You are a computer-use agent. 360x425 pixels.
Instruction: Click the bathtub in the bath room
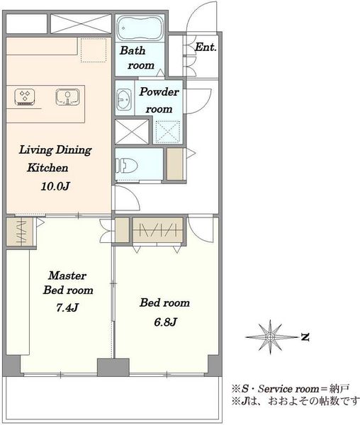[140, 28]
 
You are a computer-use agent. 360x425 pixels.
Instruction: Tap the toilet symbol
[126, 166]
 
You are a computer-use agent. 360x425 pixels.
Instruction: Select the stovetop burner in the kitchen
[25, 97]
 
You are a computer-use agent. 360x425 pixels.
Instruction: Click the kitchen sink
[67, 97]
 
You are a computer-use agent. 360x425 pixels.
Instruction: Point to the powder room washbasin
[124, 99]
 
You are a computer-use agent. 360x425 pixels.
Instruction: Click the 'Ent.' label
[206, 47]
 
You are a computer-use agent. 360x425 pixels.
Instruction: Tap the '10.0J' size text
[55, 186]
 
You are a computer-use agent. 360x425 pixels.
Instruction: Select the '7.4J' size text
[67, 307]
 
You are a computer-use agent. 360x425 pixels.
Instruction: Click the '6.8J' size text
[165, 322]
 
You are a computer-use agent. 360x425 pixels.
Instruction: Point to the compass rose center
[270, 337]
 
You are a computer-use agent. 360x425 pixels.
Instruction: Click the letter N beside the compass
[305, 337]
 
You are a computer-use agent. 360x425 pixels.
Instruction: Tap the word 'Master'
[67, 276]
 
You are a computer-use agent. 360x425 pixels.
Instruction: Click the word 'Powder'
[159, 92]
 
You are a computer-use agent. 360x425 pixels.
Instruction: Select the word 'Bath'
[133, 50]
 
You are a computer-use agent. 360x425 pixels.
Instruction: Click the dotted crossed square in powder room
[168, 132]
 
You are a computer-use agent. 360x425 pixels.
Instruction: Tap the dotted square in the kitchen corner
[94, 50]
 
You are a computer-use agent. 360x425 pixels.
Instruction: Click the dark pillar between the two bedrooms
[113, 367]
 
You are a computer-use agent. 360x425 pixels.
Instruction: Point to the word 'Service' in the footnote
[275, 389]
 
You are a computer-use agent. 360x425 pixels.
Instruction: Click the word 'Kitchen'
[47, 168]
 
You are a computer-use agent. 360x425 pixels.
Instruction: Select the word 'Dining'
[74, 150]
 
